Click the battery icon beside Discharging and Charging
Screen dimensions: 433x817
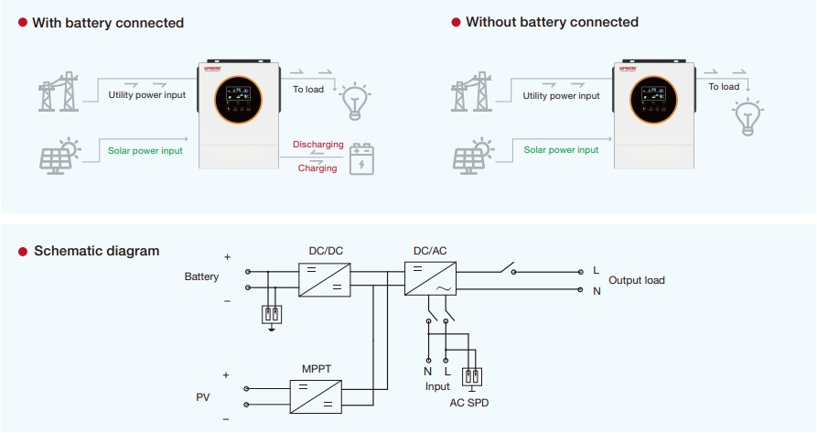pos(362,157)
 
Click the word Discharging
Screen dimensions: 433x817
pos(317,145)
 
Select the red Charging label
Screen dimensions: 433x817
pos(317,168)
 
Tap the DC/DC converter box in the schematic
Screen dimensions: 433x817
pos(326,277)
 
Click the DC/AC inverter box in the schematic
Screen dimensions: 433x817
pos(430,277)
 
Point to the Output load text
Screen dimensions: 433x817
pos(637,280)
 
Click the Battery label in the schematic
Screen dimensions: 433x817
pos(201,276)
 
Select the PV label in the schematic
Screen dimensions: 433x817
pos(202,396)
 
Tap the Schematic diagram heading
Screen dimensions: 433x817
pos(96,251)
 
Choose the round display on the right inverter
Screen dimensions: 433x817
pos(653,98)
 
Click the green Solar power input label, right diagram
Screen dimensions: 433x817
pos(561,149)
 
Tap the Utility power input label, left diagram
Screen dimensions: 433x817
pos(146,95)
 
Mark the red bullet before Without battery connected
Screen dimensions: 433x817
pos(456,22)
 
